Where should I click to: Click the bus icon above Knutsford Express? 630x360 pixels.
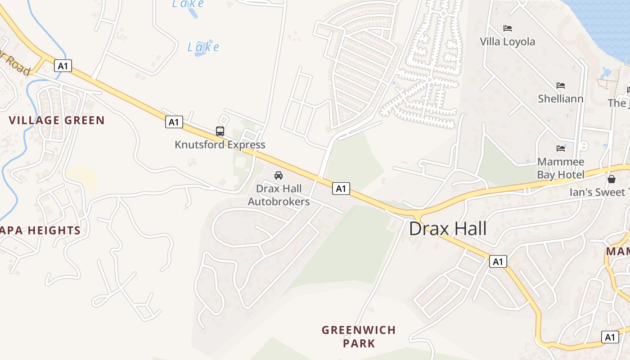pyautogui.click(x=220, y=131)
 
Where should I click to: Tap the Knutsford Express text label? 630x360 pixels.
pyautogui.click(x=220, y=145)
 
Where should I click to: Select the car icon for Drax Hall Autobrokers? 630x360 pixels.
pyautogui.click(x=279, y=175)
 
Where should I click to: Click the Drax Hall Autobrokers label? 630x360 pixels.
pyautogui.click(x=279, y=195)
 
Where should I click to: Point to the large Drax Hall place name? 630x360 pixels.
pyautogui.click(x=448, y=229)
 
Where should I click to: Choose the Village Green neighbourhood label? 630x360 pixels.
pyautogui.click(x=57, y=120)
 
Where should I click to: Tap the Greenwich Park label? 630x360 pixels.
pyautogui.click(x=359, y=337)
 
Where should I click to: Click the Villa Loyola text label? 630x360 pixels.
pyautogui.click(x=507, y=42)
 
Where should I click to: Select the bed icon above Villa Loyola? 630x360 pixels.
pyautogui.click(x=508, y=28)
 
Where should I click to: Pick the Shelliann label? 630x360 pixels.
pyautogui.click(x=561, y=99)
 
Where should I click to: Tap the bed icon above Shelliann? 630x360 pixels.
pyautogui.click(x=561, y=85)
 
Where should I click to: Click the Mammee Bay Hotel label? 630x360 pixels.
pyautogui.click(x=561, y=168)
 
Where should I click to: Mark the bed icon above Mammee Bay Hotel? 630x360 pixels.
pyautogui.click(x=561, y=148)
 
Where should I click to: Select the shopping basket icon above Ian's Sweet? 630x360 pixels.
pyautogui.click(x=612, y=179)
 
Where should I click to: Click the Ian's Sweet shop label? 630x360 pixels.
pyautogui.click(x=598, y=192)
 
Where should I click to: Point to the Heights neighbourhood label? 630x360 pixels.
pyautogui.click(x=40, y=230)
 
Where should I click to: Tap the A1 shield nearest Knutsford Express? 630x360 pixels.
pyautogui.click(x=174, y=121)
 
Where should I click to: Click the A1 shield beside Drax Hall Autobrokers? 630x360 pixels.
pyautogui.click(x=341, y=188)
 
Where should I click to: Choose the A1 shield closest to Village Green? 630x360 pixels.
pyautogui.click(x=63, y=66)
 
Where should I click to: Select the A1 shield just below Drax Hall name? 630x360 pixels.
pyautogui.click(x=498, y=261)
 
